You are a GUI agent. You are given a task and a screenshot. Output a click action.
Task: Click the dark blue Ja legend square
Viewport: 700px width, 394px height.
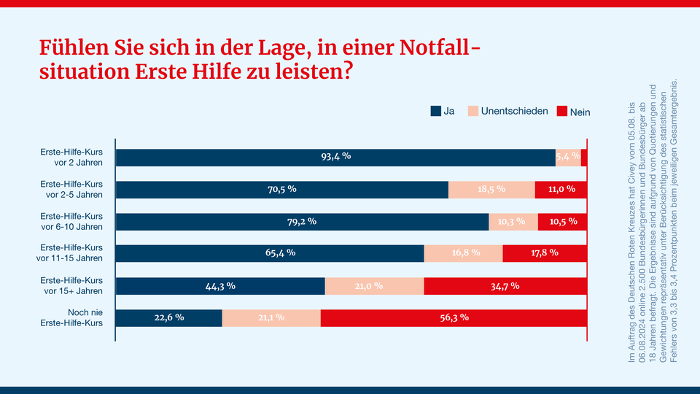coord(436,112)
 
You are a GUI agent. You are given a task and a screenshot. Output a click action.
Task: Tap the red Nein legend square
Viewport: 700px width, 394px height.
coord(561,112)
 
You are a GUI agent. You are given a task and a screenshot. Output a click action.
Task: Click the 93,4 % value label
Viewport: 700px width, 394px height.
coord(336,157)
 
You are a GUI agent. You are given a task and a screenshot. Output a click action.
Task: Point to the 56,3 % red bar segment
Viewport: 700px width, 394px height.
coord(454,317)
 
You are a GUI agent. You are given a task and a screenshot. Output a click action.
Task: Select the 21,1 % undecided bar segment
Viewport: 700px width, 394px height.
coord(271,317)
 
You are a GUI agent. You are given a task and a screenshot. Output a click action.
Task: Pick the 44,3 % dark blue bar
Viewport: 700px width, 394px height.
coord(220,285)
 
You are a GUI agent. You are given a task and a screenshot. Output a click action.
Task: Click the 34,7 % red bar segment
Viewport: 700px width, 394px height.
coord(505,285)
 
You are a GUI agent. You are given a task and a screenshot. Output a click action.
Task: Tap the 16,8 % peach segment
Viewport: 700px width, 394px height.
coord(463,253)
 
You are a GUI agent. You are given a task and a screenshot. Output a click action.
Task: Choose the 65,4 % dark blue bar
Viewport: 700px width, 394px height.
coord(270,253)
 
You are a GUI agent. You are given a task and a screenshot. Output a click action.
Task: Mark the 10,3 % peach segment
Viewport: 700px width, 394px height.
coord(513,221)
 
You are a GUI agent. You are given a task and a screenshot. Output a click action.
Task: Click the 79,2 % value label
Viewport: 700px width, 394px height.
coord(301,221)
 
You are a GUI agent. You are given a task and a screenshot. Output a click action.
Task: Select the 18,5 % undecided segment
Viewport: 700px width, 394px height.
coord(491,189)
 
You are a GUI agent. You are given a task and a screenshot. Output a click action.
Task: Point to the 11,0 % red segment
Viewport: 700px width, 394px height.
coord(561,189)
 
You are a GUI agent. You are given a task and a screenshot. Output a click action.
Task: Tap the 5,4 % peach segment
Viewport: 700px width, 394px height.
coord(568,157)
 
